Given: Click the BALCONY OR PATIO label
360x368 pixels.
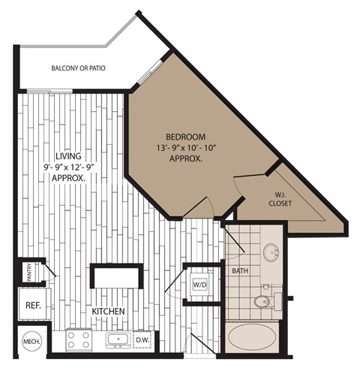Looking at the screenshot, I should tap(78, 68).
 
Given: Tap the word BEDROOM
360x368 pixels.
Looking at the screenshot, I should tap(186, 137).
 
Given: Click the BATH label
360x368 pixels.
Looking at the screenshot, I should tap(240, 270).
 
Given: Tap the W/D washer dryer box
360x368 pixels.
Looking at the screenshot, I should tap(201, 285).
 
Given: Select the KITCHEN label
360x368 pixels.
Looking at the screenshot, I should tap(108, 311).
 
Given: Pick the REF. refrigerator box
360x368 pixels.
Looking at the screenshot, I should tap(33, 306).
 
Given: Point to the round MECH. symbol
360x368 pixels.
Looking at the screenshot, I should tap(31, 341).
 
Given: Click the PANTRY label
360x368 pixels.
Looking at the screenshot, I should tap(28, 271).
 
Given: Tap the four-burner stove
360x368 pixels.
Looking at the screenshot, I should tap(79, 340).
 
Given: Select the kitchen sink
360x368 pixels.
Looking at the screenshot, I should tap(117, 340).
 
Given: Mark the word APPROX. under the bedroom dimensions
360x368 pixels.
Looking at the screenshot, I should tap(186, 160).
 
